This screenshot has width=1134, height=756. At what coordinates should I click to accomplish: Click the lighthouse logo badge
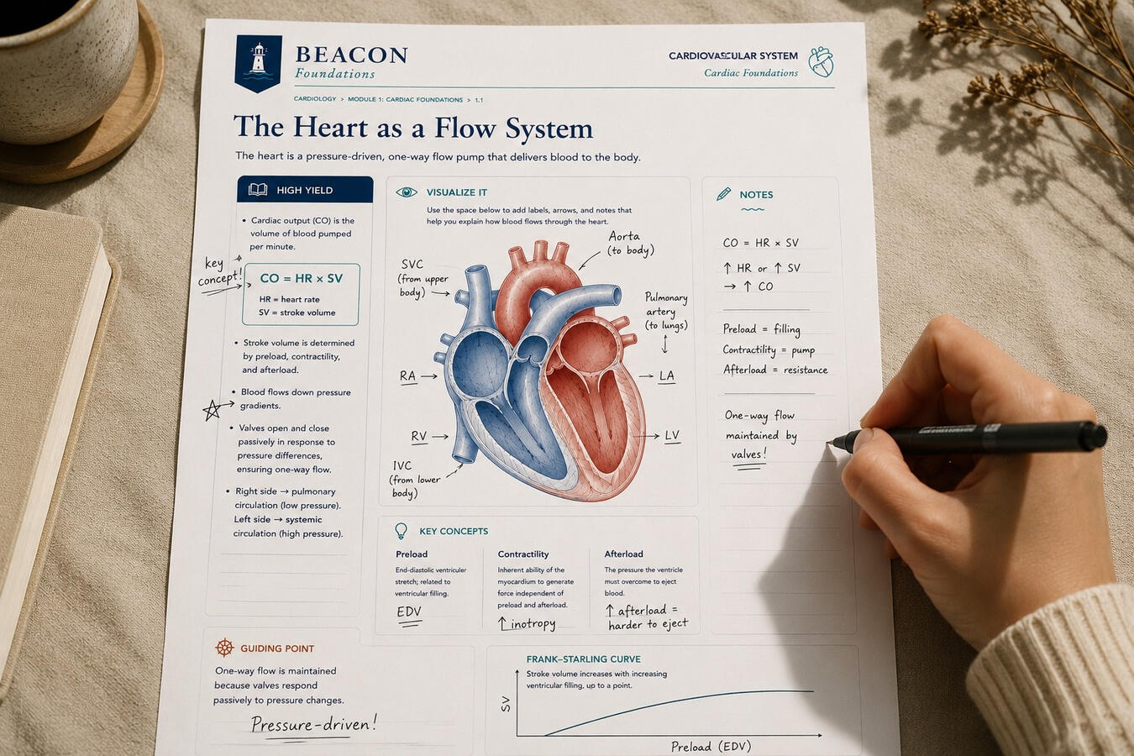pyautogui.click(x=258, y=63)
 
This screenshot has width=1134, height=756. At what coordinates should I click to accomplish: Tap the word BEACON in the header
pyautogui.click(x=351, y=55)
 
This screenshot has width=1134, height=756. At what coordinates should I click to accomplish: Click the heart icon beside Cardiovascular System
pyautogui.click(x=821, y=62)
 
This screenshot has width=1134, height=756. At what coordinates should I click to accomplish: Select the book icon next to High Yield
pyautogui.click(x=258, y=190)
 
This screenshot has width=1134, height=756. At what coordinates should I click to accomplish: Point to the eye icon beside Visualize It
pyautogui.click(x=407, y=192)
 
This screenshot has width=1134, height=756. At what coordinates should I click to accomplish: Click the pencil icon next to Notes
pyautogui.click(x=724, y=194)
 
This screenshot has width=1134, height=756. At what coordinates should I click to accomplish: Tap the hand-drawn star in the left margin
pyautogui.click(x=212, y=410)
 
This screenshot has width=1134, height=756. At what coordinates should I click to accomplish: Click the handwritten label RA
pyautogui.click(x=407, y=375)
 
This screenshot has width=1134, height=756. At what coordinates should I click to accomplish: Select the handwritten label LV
pyautogui.click(x=672, y=435)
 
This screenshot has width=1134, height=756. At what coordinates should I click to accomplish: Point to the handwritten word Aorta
pyautogui.click(x=623, y=236)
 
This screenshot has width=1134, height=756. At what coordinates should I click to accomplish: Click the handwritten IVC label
pyautogui.click(x=402, y=465)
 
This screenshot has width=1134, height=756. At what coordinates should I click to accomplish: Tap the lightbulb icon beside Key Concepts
pyautogui.click(x=401, y=531)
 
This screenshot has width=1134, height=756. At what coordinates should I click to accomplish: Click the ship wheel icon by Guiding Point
pyautogui.click(x=224, y=648)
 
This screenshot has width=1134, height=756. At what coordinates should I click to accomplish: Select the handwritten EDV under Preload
pyautogui.click(x=409, y=612)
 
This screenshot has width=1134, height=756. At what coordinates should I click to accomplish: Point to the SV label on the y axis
pyautogui.click(x=505, y=704)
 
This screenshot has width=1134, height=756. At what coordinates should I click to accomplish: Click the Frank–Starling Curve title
pyautogui.click(x=583, y=659)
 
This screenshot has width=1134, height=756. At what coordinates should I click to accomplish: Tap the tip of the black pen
pyautogui.click(x=829, y=443)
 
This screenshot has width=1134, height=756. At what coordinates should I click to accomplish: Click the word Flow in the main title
pyautogui.click(x=465, y=128)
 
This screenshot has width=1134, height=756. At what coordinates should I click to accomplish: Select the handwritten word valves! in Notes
pyautogui.click(x=748, y=454)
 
